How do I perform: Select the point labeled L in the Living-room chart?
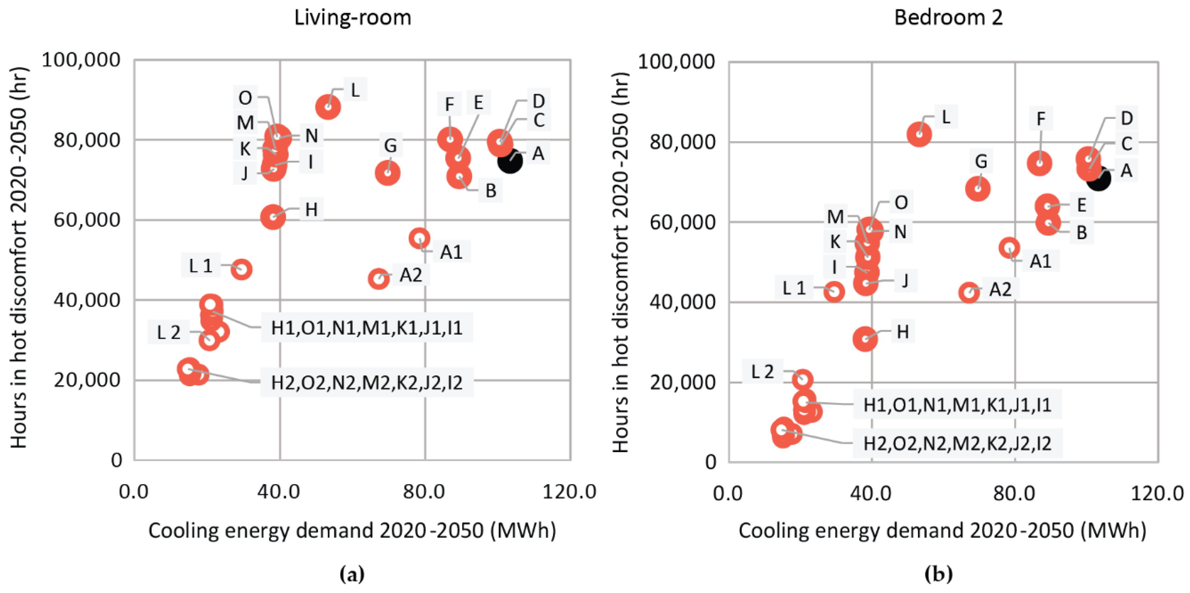328,107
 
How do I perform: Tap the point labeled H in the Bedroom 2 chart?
865,339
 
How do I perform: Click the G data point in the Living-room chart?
388,173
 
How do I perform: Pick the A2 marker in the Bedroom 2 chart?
969,292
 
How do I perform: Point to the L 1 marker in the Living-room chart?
241,269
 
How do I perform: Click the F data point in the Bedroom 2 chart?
1039,163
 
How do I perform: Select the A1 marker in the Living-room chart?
419,239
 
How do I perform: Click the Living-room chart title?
352,18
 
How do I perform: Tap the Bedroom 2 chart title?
948,18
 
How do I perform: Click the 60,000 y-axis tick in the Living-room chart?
87,220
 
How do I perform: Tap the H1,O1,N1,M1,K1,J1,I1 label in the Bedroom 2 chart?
957,405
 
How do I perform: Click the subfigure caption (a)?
352,574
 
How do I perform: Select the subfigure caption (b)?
938,574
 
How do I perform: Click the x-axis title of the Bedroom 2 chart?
942,531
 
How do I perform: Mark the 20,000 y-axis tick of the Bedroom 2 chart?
682,382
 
